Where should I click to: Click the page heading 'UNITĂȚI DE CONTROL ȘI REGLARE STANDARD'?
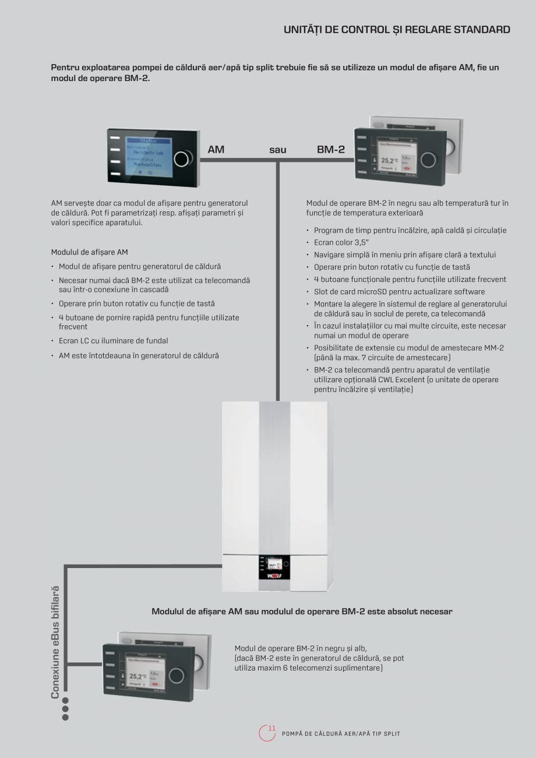pyautogui.click(x=397, y=30)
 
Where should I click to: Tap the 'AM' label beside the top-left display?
pyautogui.click(x=216, y=150)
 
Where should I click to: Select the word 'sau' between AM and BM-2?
pyautogui.click(x=278, y=150)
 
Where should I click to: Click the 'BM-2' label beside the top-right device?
pyautogui.click(x=331, y=150)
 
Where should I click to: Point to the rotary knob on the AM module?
pyautogui.click(x=183, y=158)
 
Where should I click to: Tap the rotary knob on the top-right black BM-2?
pyautogui.click(x=429, y=158)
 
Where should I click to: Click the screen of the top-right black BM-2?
pyautogui.click(x=396, y=157)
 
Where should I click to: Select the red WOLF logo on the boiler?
pyautogui.click(x=274, y=576)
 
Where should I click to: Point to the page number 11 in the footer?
pyautogui.click(x=271, y=728)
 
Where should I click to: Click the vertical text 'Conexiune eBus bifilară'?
pyautogui.click(x=55, y=642)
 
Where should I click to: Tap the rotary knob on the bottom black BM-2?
pyautogui.click(x=176, y=676)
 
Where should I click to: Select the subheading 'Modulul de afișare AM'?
pyautogui.click(x=90, y=252)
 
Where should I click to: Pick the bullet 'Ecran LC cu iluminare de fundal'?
pyautogui.click(x=113, y=341)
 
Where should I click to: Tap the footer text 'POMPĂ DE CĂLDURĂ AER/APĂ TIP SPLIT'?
pyautogui.click(x=341, y=734)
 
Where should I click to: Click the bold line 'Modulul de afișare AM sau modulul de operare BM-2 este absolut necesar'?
pyautogui.click(x=302, y=612)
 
